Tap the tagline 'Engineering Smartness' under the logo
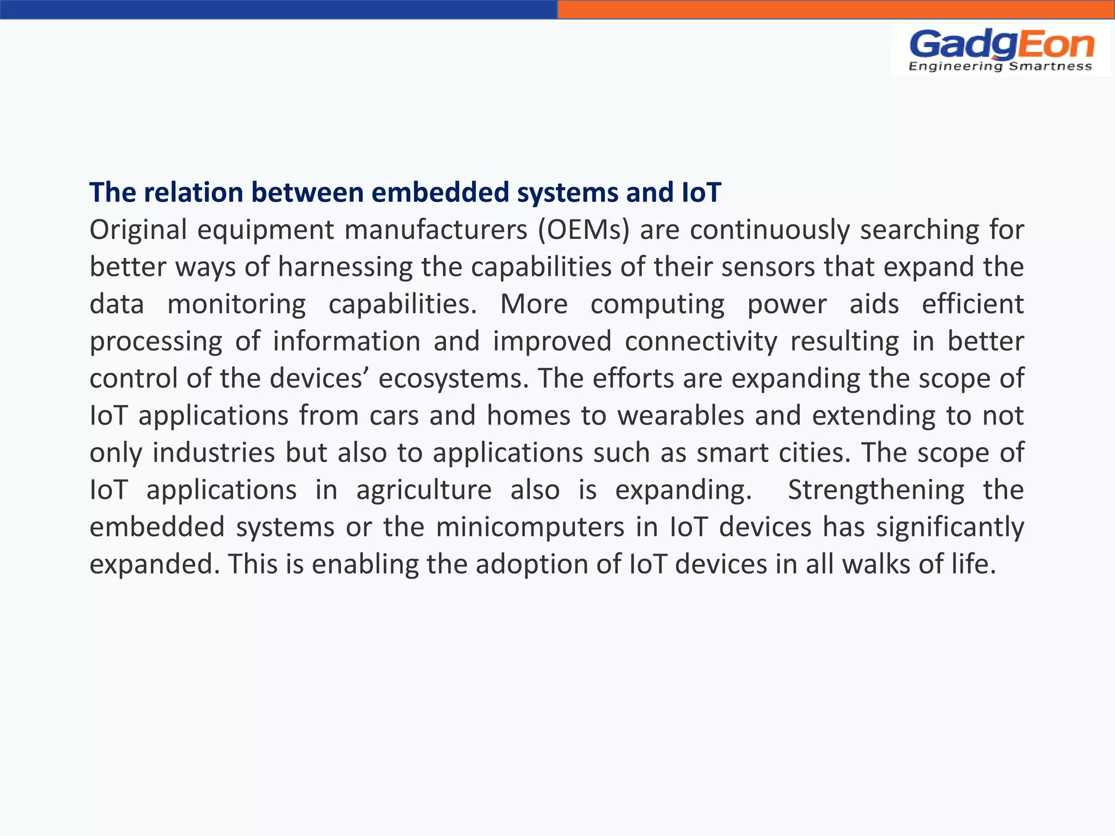[1000, 66]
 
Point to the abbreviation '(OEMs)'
[583, 230]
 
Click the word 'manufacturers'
[436, 230]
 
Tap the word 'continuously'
[770, 230]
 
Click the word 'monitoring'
[236, 304]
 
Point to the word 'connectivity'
[701, 341]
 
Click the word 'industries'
[213, 452]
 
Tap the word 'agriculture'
[424, 490]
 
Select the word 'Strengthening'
[876, 490]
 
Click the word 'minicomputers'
[530, 527]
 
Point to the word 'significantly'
[950, 527]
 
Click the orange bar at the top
[836, 9]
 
